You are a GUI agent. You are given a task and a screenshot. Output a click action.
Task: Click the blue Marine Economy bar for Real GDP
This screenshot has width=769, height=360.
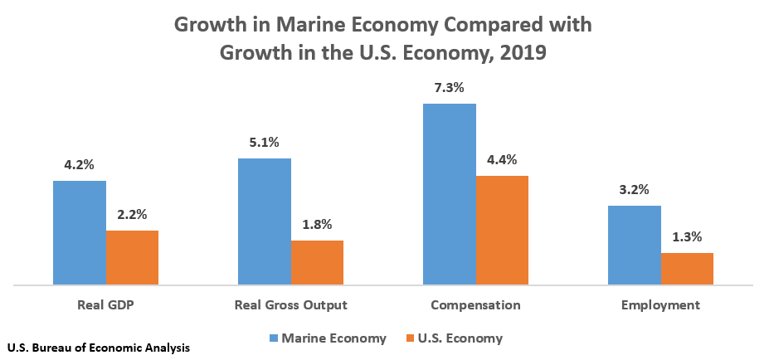(x=80, y=233)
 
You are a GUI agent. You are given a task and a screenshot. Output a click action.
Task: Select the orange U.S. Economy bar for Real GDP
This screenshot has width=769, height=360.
(x=132, y=258)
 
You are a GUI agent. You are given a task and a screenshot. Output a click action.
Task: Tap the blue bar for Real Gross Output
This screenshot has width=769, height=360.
(x=265, y=221)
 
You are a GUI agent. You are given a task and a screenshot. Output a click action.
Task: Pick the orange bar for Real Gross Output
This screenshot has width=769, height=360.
(x=317, y=263)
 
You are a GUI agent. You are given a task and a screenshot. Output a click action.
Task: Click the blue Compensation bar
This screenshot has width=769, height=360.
(x=450, y=194)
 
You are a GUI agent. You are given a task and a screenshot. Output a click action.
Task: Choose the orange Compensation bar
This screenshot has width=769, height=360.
(x=502, y=231)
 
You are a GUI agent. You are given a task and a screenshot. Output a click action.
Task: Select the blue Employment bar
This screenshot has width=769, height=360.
(x=635, y=246)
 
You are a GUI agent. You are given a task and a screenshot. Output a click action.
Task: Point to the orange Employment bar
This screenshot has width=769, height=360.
(x=687, y=269)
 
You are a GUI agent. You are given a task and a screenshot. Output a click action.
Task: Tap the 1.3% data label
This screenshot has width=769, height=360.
(x=687, y=236)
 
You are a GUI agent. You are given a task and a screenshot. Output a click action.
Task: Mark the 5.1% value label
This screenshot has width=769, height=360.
(x=265, y=142)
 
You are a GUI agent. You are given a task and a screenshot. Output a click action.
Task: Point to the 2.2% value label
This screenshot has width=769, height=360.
(x=132, y=214)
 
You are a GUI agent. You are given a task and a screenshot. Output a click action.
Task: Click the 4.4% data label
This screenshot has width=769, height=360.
(x=502, y=159)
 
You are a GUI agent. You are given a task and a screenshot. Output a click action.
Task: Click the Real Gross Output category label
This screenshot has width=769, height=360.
(x=290, y=304)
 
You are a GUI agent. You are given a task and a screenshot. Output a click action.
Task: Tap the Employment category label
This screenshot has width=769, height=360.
(x=660, y=304)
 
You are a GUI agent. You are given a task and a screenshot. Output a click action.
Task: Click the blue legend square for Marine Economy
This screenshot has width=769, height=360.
(x=273, y=338)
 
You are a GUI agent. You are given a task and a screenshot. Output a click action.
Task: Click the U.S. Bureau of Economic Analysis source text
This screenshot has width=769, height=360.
(x=98, y=348)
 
